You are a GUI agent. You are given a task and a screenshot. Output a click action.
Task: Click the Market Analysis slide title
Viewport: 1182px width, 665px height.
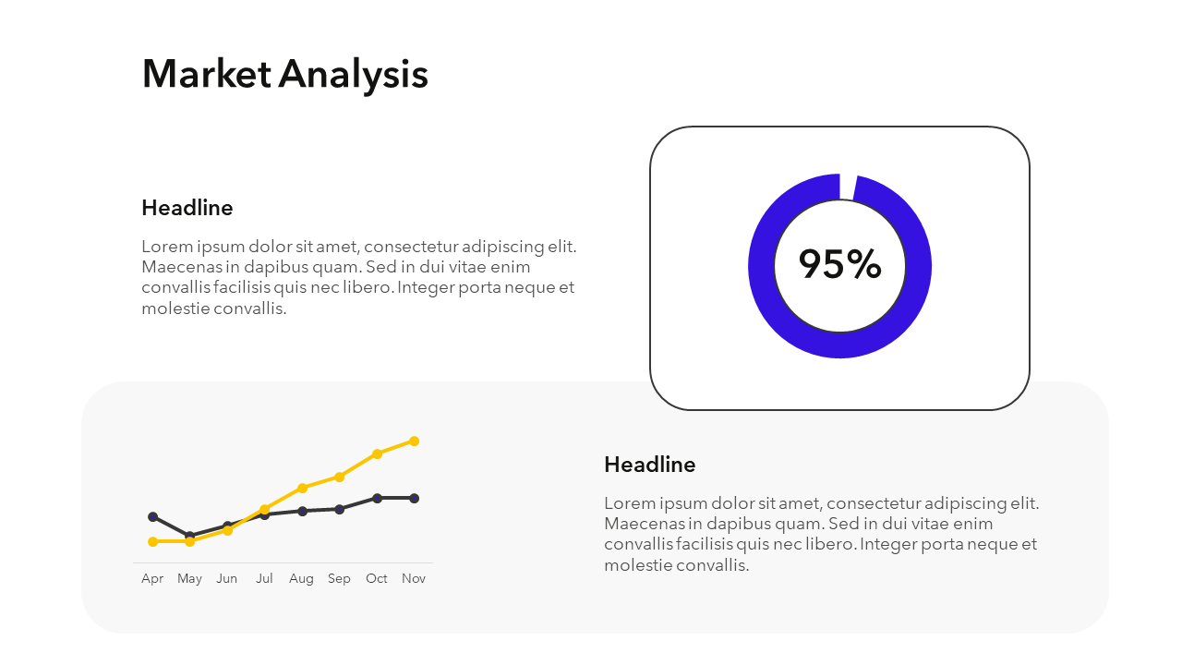(x=285, y=75)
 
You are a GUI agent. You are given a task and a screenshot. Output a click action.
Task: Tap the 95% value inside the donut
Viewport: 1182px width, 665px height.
(x=839, y=263)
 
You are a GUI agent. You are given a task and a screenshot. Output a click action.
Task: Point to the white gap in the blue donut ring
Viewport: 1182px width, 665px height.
(x=848, y=187)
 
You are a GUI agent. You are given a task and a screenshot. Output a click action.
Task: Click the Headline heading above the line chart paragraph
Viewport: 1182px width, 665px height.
(x=649, y=465)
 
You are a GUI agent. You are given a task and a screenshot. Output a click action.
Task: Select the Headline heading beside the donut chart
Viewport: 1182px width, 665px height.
(x=187, y=208)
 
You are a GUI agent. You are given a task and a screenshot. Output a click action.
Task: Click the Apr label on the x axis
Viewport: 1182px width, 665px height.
(x=152, y=579)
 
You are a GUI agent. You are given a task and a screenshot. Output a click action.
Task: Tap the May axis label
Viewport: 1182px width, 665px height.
(x=189, y=579)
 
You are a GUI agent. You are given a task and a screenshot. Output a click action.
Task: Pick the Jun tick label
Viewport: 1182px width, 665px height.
(x=227, y=578)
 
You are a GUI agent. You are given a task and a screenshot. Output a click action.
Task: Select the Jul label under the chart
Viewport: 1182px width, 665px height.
(x=264, y=578)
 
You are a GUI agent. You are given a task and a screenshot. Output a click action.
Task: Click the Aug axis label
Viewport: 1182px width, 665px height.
(x=301, y=579)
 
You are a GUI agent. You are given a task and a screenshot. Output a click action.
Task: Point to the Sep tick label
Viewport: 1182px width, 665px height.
(x=339, y=579)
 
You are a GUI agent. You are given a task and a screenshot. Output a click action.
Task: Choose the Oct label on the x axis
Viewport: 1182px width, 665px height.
(x=376, y=578)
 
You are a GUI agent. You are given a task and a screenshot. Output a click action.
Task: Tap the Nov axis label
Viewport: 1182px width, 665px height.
(x=414, y=578)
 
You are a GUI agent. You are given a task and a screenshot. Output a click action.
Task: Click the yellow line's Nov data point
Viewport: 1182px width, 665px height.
(x=415, y=441)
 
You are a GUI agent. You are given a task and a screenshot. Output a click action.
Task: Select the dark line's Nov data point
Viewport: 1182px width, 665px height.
(x=415, y=498)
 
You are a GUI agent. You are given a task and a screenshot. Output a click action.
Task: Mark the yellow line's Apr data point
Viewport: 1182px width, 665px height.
(x=153, y=541)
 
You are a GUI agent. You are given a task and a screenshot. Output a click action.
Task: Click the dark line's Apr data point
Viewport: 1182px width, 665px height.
(x=153, y=516)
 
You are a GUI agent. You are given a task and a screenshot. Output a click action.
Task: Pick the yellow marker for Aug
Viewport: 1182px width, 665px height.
(x=302, y=489)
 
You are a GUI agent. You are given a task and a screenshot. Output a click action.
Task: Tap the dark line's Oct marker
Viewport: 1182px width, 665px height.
(x=377, y=498)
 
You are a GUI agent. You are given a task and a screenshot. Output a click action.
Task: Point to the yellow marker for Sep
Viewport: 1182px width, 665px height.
(x=339, y=478)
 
